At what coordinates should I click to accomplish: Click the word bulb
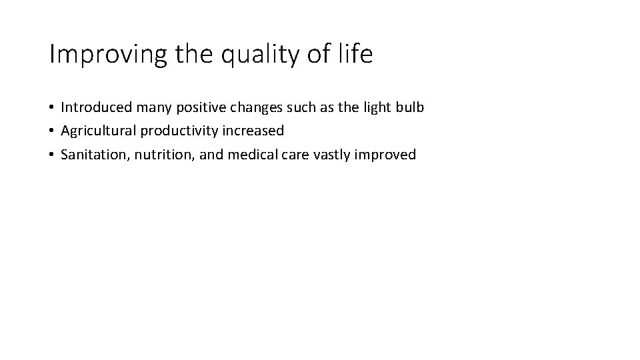(409, 107)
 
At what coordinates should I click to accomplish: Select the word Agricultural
(97, 131)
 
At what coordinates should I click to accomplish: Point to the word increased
(253, 131)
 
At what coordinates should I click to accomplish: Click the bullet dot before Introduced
(51, 108)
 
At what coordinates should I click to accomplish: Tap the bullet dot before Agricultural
(51, 131)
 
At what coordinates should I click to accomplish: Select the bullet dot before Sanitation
(51, 155)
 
